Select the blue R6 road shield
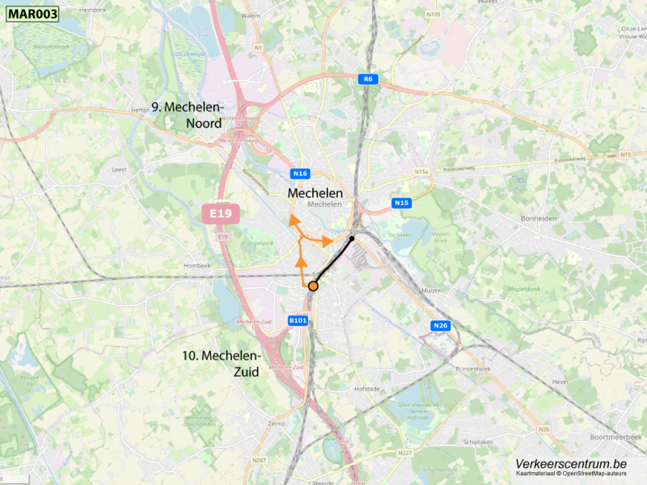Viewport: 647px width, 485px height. coord(368,78)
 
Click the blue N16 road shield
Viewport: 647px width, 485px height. coord(300,174)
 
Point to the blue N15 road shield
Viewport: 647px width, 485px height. coord(402,203)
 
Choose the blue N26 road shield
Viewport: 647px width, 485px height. coord(440,326)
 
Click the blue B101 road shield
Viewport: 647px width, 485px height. coord(298,321)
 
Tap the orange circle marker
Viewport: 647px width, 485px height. coord(313,285)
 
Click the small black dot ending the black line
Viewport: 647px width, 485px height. coord(352,238)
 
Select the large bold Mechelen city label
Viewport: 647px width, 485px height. coord(315,193)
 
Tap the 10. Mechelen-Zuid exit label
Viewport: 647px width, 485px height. coord(222,364)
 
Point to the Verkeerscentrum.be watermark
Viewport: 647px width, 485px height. coord(571,464)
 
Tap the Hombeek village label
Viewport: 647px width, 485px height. coord(197,265)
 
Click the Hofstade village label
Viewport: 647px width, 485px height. coord(367,389)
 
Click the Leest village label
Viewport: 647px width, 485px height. coord(120,171)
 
